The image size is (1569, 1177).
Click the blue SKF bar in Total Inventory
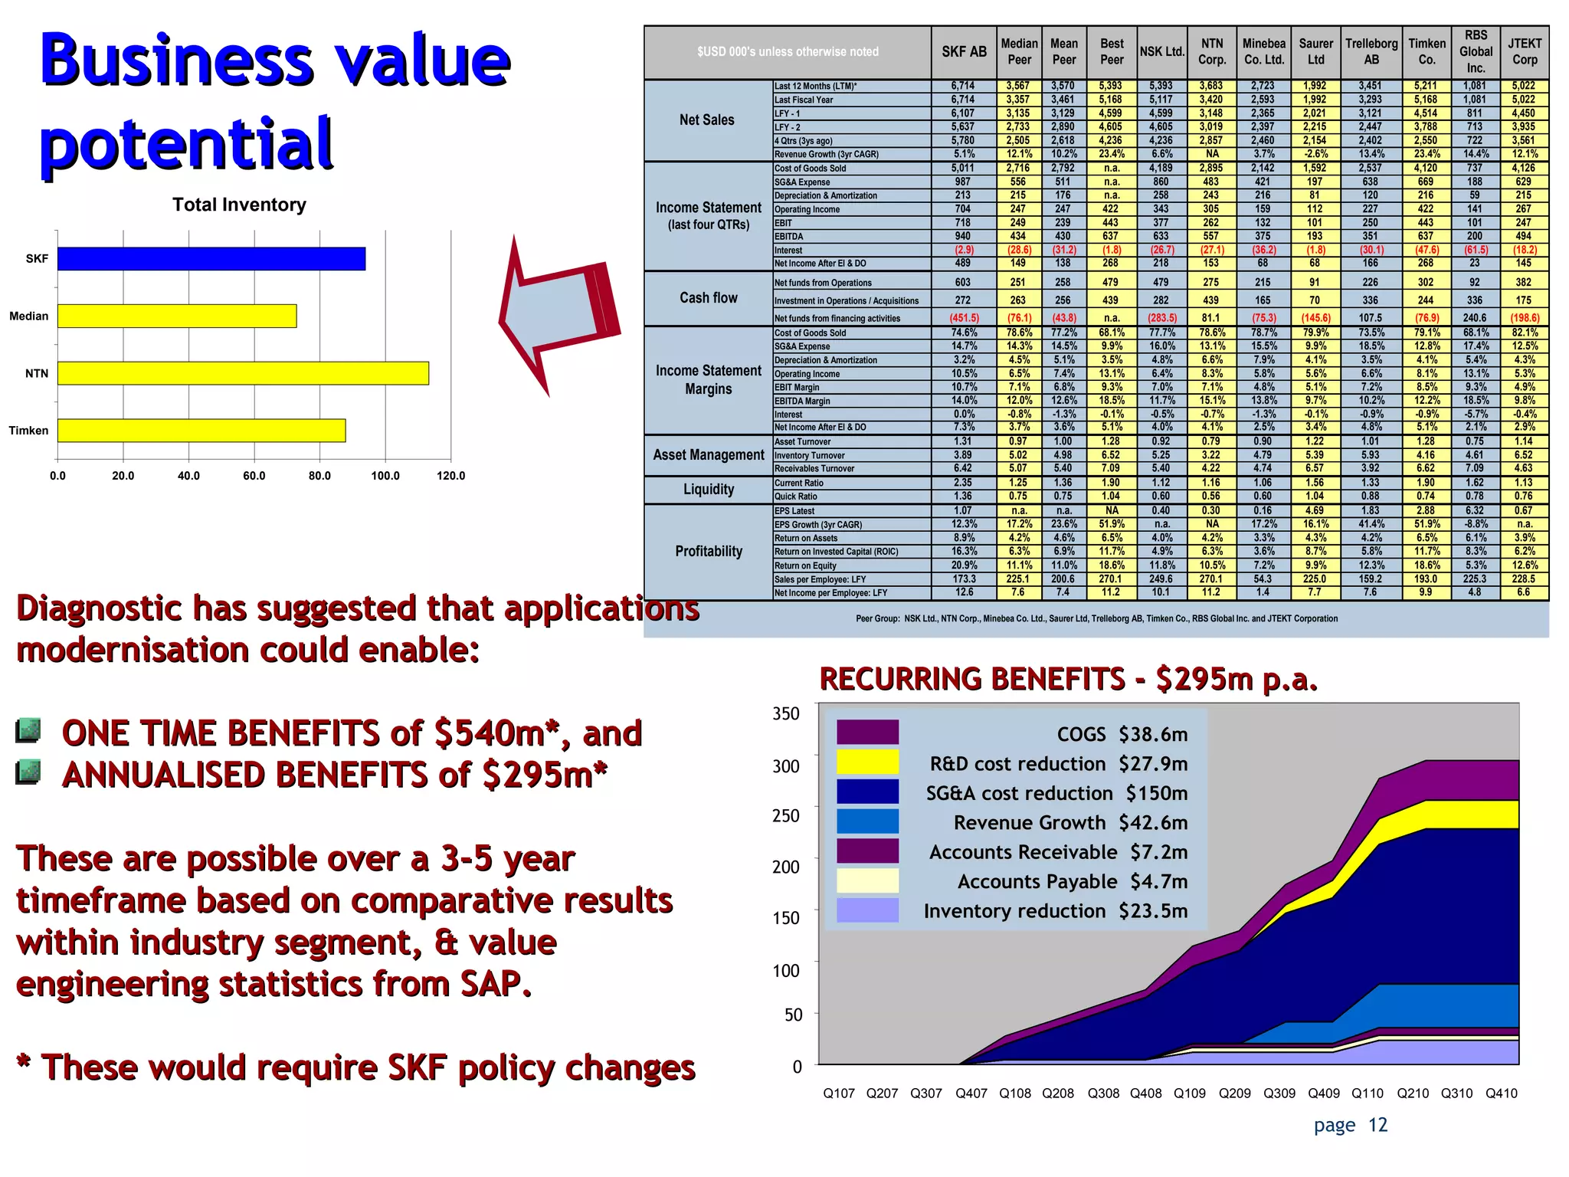click(x=211, y=259)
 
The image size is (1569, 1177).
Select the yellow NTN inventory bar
click(x=243, y=373)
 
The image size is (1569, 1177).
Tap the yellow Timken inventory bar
click(x=201, y=431)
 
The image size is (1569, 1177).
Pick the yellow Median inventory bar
click(x=177, y=316)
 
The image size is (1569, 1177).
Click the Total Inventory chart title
click(x=239, y=205)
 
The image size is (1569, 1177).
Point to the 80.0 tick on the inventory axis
click(x=319, y=476)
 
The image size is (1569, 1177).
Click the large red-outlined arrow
click(x=555, y=314)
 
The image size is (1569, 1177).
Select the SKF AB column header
click(x=964, y=52)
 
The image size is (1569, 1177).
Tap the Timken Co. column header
click(x=1427, y=52)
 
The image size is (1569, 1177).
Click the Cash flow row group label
click(x=709, y=298)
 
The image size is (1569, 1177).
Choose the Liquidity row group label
click(x=709, y=490)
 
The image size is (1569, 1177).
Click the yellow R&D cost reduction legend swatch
click(x=867, y=762)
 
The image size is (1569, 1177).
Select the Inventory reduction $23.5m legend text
click(x=1055, y=911)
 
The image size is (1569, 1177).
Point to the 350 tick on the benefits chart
click(x=786, y=713)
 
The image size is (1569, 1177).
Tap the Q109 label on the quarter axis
click(x=1190, y=1093)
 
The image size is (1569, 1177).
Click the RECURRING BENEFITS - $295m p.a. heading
click(x=1068, y=679)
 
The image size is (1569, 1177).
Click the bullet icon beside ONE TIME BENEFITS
click(x=28, y=730)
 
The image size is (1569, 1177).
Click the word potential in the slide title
click(x=186, y=143)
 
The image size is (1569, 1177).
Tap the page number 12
click(x=1377, y=1125)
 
